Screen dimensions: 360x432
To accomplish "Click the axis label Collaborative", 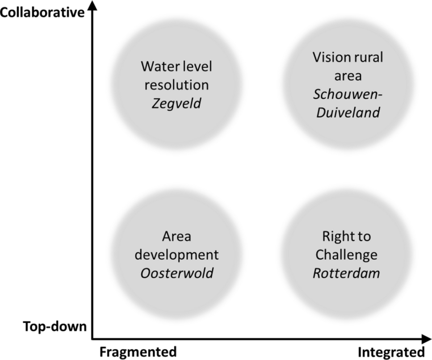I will tap(42, 12).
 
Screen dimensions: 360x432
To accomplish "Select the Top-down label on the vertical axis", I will tap(55, 327).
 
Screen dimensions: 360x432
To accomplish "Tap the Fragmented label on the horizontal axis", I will tap(138, 352).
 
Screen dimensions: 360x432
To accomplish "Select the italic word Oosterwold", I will tap(177, 272).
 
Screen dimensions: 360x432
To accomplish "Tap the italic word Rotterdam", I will tap(346, 272).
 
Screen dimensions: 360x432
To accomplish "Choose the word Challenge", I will tap(346, 255).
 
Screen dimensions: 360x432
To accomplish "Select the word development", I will tap(177, 255).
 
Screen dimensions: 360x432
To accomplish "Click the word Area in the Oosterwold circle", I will tap(177, 237).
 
